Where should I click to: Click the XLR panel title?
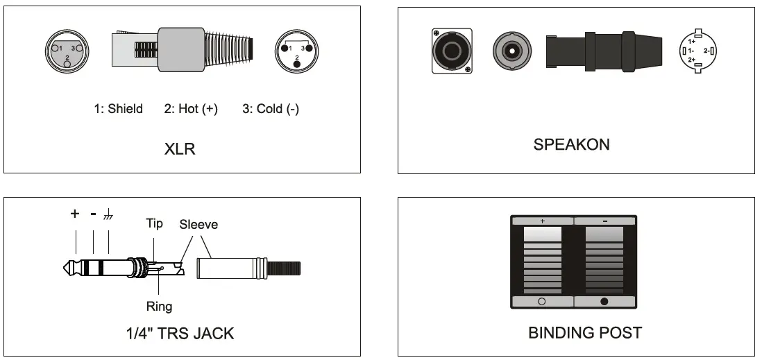[180, 149]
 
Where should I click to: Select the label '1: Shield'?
[119, 109]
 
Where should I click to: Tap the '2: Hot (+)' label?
[191, 109]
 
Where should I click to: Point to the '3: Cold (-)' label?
[271, 109]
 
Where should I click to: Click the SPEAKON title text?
[571, 146]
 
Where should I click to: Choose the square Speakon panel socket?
[452, 51]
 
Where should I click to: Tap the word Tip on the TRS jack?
[154, 223]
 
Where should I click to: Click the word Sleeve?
[198, 224]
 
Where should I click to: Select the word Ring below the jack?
[159, 306]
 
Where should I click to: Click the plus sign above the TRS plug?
[75, 214]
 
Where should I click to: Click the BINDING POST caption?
[585, 333]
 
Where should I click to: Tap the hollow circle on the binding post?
[542, 302]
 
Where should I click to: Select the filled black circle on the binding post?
[604, 302]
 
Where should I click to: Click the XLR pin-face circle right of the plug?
[297, 52]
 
